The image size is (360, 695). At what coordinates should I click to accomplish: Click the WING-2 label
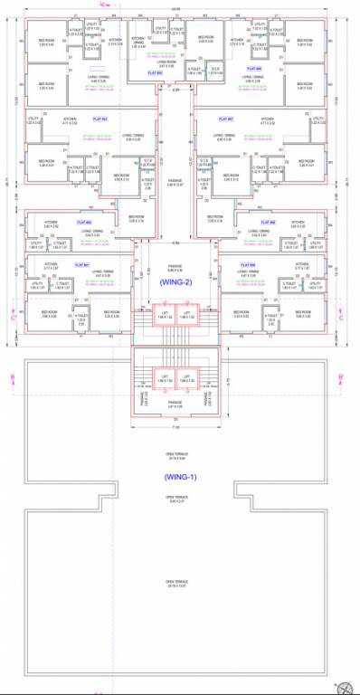click(176, 281)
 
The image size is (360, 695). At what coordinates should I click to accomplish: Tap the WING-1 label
click(176, 476)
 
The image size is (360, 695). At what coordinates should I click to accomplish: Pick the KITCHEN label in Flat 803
click(70, 119)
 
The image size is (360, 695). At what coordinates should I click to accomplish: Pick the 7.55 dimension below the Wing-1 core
click(175, 425)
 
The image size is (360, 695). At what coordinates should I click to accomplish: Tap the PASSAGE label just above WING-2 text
click(175, 268)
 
